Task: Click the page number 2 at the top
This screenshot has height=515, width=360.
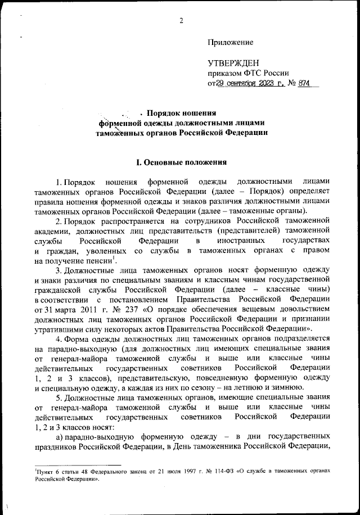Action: tap(181, 21)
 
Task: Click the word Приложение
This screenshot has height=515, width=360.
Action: tap(230, 42)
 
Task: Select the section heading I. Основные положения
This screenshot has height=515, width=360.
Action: tap(181, 162)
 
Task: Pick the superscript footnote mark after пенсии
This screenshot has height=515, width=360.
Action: tap(115, 257)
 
